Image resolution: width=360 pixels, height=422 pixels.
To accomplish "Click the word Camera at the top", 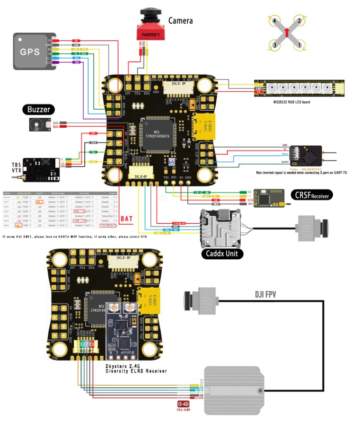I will (x=181, y=21).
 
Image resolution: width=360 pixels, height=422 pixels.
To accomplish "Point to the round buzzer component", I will (x=35, y=125).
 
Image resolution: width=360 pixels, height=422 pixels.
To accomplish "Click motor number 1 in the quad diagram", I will (x=299, y=46).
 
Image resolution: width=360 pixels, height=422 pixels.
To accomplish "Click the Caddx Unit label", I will (x=222, y=254).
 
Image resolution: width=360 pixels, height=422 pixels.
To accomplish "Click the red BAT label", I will (x=127, y=219).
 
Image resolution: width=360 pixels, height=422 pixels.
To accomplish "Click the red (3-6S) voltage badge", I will (x=184, y=405).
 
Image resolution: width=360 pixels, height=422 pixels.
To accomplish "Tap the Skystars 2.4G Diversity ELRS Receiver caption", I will (x=136, y=369).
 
